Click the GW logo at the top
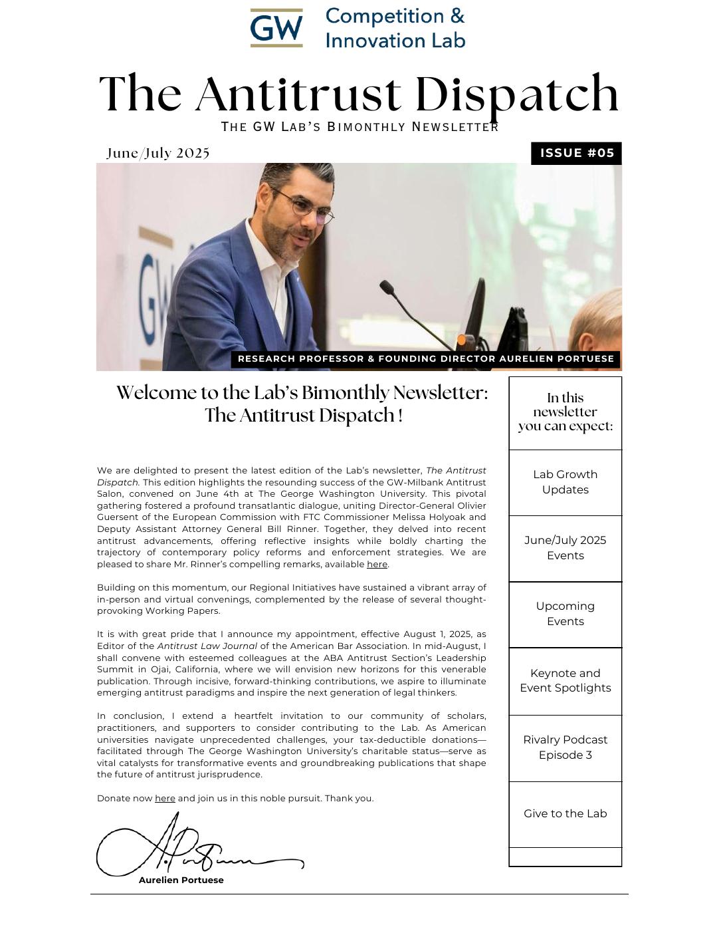click(276, 28)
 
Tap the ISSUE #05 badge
click(576, 153)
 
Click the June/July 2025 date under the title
click(158, 153)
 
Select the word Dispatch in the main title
click(519, 94)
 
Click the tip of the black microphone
click(385, 286)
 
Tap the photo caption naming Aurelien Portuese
click(425, 359)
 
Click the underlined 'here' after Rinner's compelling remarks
click(377, 565)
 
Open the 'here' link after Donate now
click(165, 799)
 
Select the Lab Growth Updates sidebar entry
click(565, 482)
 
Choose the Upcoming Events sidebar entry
click(565, 614)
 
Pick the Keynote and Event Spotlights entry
click(565, 680)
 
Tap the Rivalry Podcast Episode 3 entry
click(565, 747)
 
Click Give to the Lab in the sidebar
click(565, 814)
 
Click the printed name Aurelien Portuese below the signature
click(181, 880)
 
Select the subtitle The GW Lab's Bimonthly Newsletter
click(359, 127)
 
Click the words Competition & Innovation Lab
click(395, 29)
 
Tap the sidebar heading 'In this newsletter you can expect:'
click(565, 412)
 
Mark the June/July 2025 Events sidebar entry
click(565, 548)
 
